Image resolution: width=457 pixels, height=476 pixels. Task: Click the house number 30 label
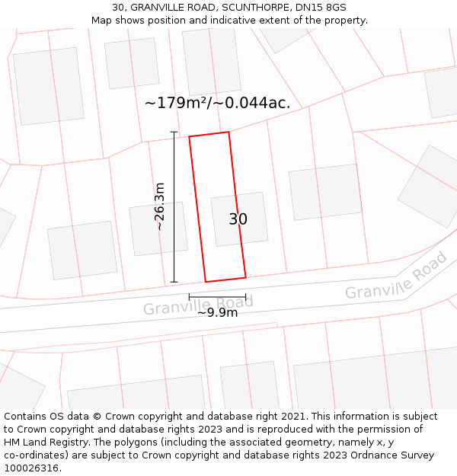click(238, 219)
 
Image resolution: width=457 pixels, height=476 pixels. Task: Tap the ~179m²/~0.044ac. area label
click(217, 103)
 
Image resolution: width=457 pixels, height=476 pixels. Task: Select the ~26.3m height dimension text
click(159, 206)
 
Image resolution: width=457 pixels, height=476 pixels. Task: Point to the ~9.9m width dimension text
click(217, 312)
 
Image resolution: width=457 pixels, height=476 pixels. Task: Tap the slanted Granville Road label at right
click(396, 278)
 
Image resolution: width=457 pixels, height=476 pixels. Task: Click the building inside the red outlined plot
click(239, 219)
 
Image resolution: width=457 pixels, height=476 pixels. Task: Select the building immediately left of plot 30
click(158, 228)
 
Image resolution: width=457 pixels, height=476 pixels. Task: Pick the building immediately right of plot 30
click(325, 191)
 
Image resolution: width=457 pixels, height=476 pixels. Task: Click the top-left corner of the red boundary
click(190, 137)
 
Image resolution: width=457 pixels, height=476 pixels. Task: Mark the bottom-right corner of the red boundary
click(245, 277)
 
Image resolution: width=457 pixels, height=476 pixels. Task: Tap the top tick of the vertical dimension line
click(174, 133)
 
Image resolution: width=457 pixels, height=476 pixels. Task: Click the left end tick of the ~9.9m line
click(190, 296)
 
